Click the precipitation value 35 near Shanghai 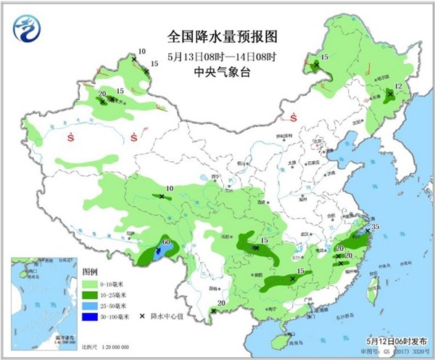click(x=376, y=228)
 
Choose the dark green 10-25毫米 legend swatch click(x=91, y=295)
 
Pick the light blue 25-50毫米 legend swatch click(x=91, y=306)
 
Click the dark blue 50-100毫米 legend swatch click(x=91, y=317)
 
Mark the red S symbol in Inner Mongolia click(x=294, y=118)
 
